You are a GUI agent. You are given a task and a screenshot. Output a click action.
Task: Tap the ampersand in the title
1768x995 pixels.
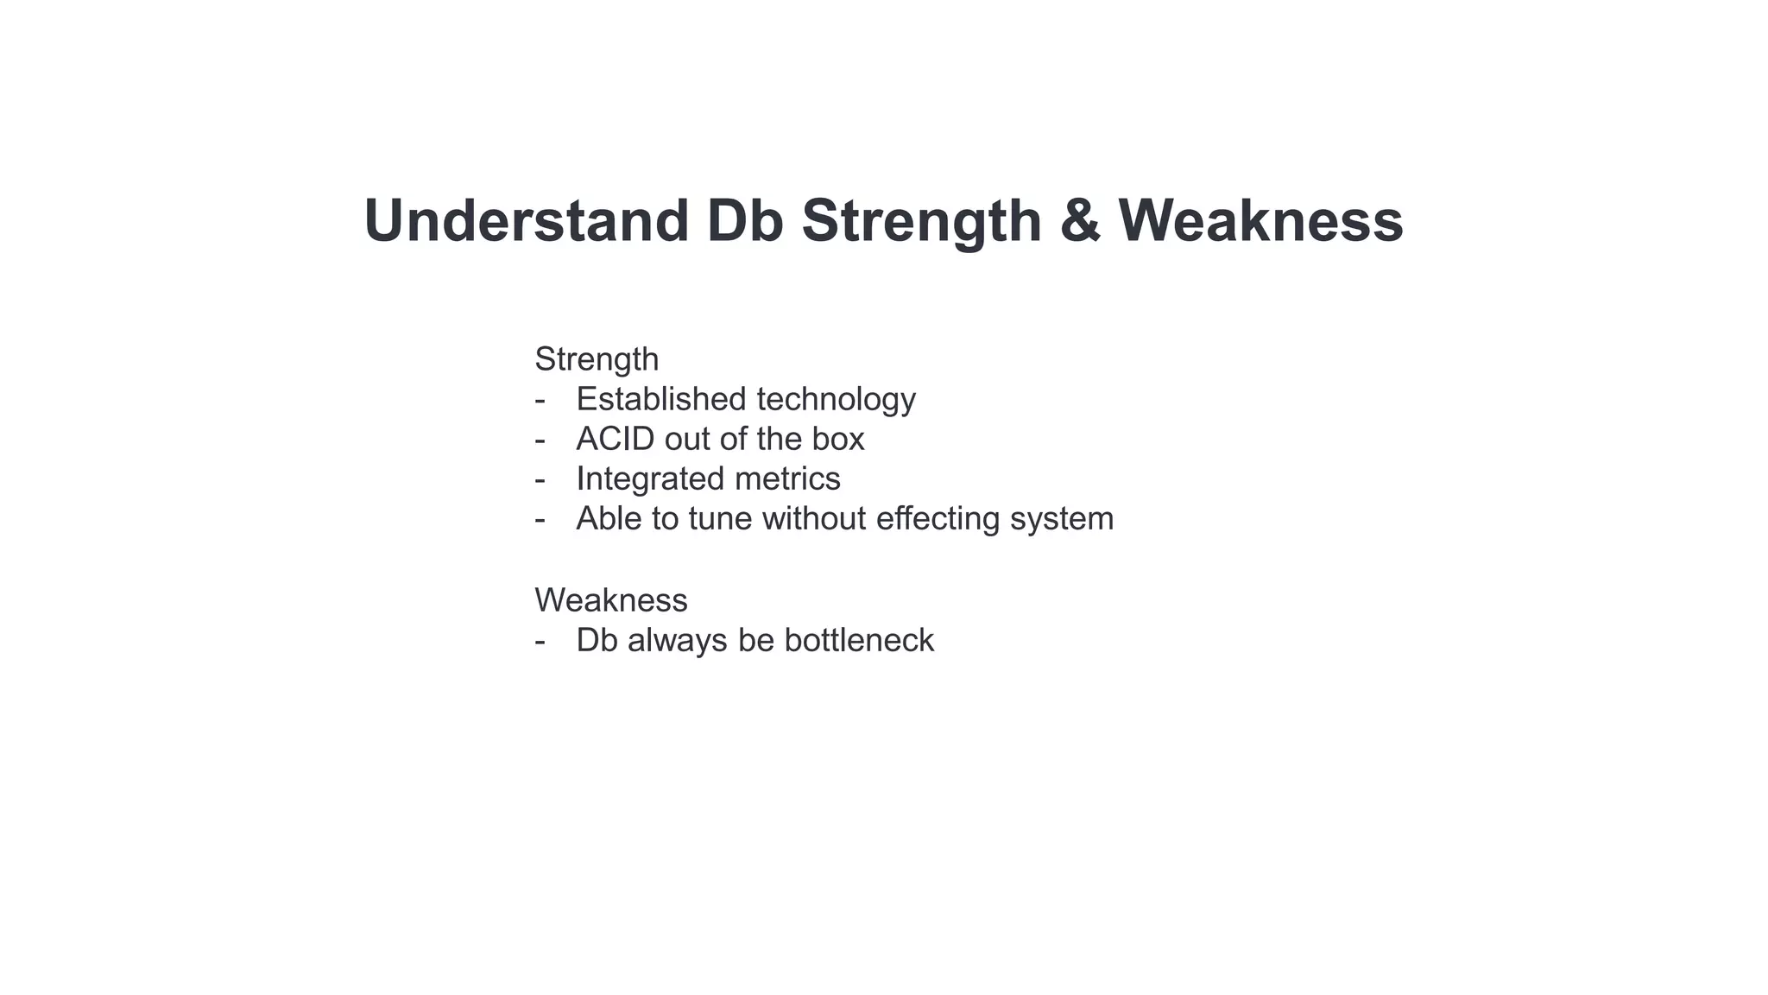(1080, 221)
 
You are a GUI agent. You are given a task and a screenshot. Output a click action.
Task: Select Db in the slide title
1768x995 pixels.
(745, 221)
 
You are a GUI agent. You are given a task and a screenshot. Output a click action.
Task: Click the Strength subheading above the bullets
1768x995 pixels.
(597, 359)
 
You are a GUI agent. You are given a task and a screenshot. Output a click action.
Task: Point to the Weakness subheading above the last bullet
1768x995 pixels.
(611, 600)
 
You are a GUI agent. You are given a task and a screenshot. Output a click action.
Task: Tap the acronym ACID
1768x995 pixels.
(616, 439)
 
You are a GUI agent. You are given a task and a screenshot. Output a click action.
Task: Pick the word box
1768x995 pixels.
(837, 439)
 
